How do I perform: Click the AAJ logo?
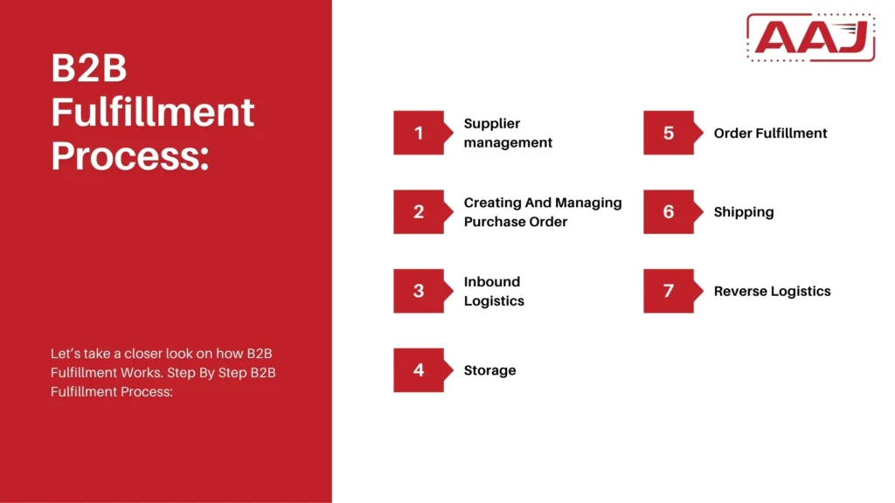[810, 38]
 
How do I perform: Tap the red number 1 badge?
[419, 133]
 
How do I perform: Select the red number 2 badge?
[419, 211]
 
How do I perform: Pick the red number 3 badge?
[419, 291]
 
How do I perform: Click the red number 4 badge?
[419, 370]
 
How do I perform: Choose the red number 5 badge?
[669, 133]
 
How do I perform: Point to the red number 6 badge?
[669, 211]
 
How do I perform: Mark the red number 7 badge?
[669, 291]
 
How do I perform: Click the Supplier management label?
[508, 133]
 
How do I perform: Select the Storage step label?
[489, 370]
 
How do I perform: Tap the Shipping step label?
[744, 212]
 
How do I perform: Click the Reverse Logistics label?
[772, 291]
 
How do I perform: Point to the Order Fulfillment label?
[770, 133]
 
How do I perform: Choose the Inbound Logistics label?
[494, 291]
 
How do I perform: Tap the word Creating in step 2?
[492, 203]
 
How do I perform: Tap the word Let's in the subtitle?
[66, 353]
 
